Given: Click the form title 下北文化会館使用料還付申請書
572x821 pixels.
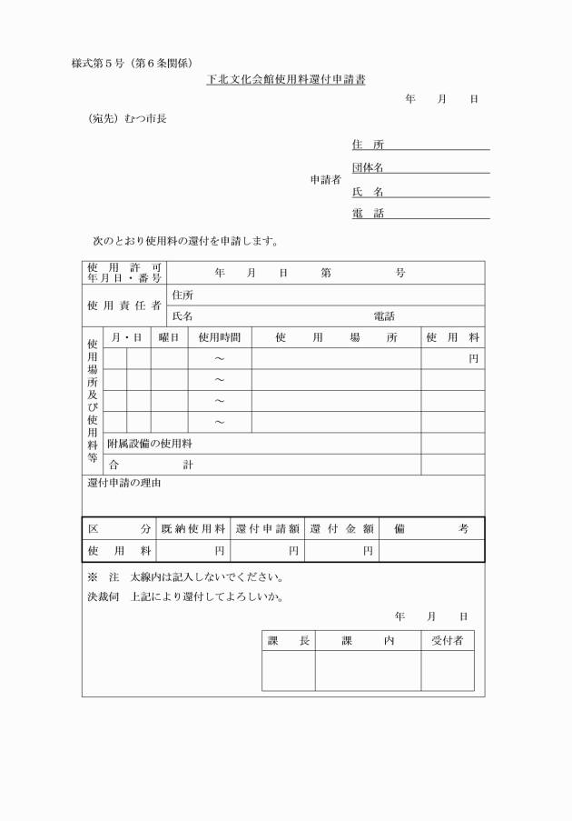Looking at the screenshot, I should click(285, 80).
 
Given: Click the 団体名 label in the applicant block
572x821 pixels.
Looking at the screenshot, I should click(368, 167).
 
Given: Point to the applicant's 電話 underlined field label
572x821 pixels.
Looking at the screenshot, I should click(368, 213).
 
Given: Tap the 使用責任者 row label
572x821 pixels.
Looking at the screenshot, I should click(124, 305).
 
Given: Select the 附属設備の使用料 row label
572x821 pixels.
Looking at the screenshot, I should click(150, 444).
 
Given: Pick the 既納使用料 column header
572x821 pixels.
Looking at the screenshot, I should click(193, 528).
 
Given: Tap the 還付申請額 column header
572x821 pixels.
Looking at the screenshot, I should click(268, 528).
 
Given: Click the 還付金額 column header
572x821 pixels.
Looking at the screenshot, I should click(341, 528).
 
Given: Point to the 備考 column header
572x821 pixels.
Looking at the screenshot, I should click(431, 528).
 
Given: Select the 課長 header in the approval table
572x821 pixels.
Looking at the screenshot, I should click(289, 641).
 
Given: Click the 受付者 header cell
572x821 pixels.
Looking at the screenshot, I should click(447, 641).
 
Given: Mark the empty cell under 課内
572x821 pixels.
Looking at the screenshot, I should click(368, 671).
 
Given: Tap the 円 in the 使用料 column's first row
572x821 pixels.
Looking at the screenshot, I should click(473, 359).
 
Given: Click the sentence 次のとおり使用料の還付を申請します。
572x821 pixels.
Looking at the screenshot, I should click(185, 241).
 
